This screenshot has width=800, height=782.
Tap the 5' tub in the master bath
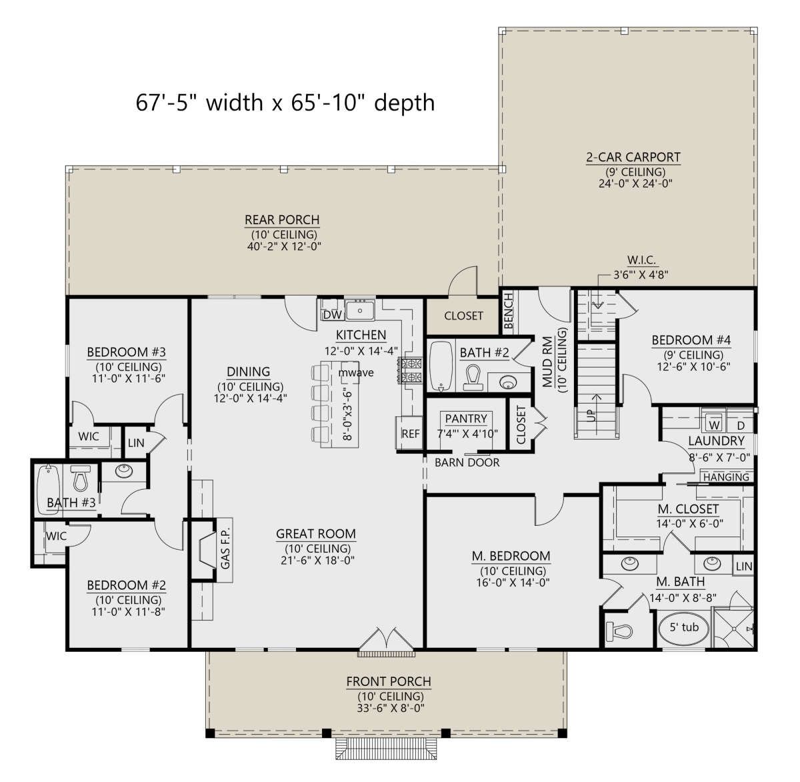coord(684,628)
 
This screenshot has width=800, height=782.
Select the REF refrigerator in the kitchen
coord(410,433)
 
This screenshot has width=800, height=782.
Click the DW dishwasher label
coord(332,315)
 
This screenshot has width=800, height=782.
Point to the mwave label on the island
coord(356,373)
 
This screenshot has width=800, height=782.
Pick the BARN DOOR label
coord(467,463)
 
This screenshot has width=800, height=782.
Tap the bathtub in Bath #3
coord(48,489)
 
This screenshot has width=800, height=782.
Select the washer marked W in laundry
coord(715,424)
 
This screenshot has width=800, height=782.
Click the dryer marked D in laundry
coord(741,425)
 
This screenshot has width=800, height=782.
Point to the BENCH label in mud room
coord(509,310)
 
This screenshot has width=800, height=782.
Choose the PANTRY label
coord(466,419)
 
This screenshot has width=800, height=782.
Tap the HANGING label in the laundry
coord(727,477)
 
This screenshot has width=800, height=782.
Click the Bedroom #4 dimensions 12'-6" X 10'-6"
coord(693,366)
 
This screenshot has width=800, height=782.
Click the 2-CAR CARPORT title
coord(633,157)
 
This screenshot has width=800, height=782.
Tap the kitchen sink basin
coord(360,310)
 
